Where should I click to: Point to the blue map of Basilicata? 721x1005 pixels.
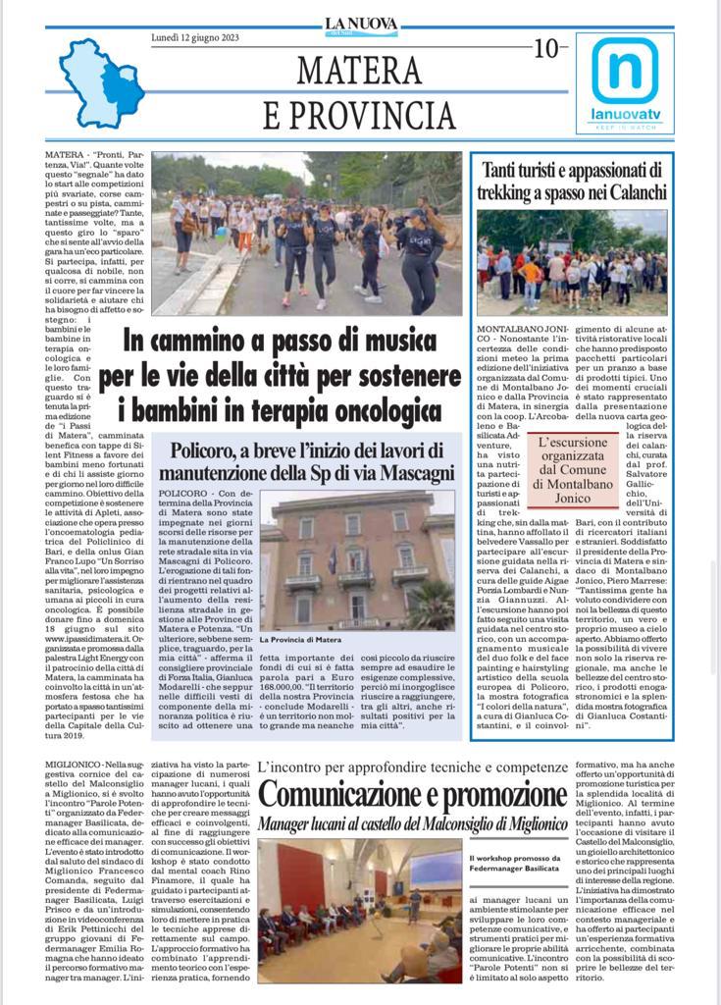point(99,83)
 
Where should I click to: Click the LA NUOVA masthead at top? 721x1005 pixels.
point(361,25)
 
